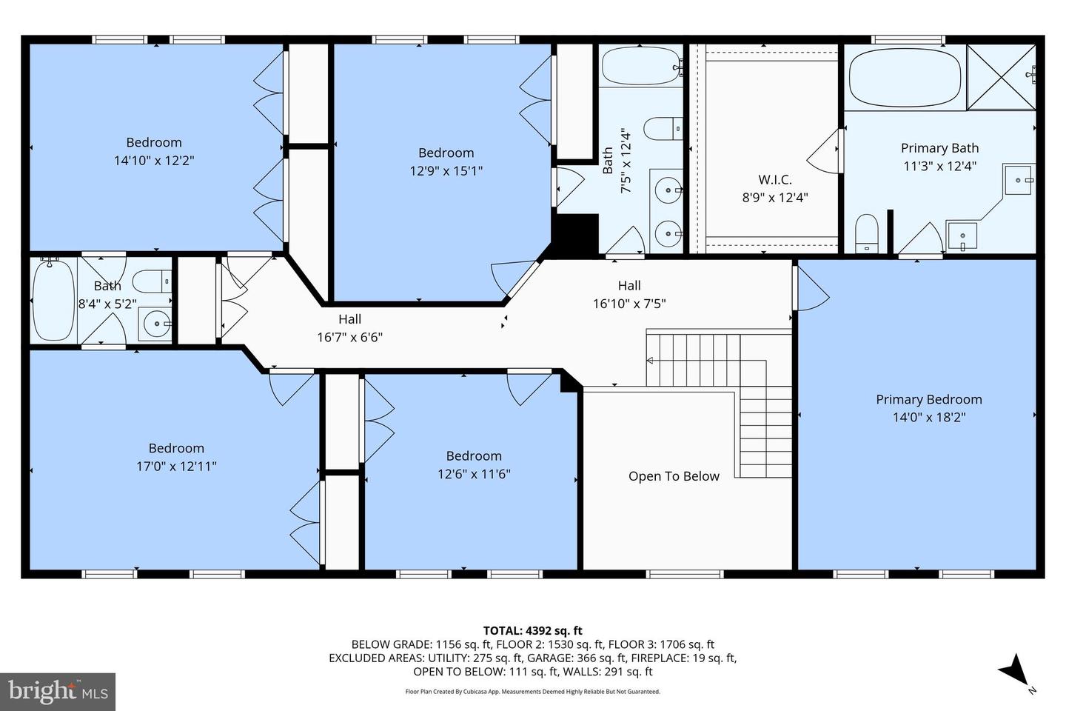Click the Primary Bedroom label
point(929,399)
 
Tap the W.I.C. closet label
point(775,179)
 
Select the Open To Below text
point(674,476)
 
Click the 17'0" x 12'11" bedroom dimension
point(176,466)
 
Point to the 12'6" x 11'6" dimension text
point(474,474)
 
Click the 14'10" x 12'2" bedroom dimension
point(154,160)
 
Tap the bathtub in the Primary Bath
point(905,78)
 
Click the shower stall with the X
point(1001,77)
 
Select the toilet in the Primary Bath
point(867,233)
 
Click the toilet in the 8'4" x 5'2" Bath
point(152,281)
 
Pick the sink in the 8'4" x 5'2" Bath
point(155,324)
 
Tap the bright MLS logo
point(58,692)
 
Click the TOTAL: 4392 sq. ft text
point(532,630)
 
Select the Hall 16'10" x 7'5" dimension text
point(629,304)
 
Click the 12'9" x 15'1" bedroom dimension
point(446,170)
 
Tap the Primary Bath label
point(940,148)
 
